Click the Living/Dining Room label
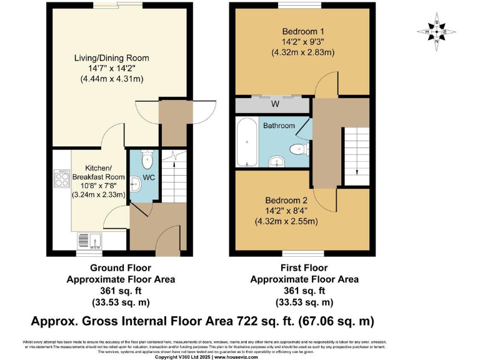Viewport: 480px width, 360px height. tap(112, 58)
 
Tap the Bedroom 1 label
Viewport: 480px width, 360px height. tap(302, 31)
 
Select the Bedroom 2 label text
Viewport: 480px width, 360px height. tap(286, 201)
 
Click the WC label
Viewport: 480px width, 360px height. tap(149, 177)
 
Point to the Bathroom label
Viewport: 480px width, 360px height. tap(279, 126)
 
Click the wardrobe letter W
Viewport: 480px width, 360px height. tap(274, 104)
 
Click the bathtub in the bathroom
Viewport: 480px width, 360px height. tap(245, 142)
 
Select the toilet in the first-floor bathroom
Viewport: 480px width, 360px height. tap(298, 149)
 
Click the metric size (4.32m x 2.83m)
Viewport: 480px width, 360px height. tap(302, 52)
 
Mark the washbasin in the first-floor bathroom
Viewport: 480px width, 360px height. tap(277, 162)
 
